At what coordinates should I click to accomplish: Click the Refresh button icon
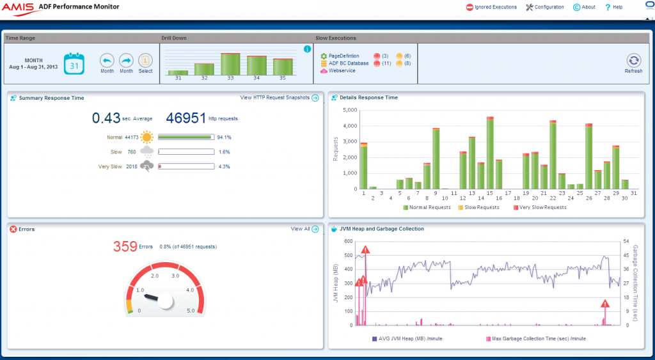pos(633,60)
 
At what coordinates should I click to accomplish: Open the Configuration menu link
pos(545,7)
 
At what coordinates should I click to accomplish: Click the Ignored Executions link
pos(491,7)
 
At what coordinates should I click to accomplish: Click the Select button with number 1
pos(146,61)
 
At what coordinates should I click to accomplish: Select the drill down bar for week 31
pos(178,72)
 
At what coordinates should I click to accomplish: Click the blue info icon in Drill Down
pos(307,49)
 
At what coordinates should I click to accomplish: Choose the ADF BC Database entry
pos(348,63)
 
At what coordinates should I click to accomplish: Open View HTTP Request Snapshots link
pos(274,98)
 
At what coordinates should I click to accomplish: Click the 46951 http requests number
pos(186,118)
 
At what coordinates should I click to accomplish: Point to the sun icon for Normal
pos(148,137)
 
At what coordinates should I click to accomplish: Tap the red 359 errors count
pos(125,246)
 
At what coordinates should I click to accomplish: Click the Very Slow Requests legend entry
pos(541,207)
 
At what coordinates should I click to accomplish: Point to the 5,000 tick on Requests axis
pos(349,110)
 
